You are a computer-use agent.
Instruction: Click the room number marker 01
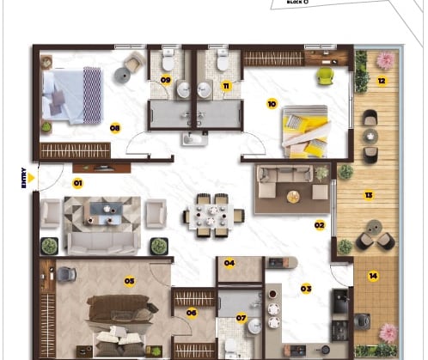[x=77, y=183]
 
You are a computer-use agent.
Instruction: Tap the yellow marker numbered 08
[x=114, y=127]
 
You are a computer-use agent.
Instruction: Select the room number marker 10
[x=272, y=104]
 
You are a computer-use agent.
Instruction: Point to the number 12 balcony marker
[x=381, y=81]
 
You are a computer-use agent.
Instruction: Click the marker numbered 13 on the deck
[x=369, y=195]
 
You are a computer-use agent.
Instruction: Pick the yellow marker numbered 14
[x=373, y=276]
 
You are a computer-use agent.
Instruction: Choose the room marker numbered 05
[x=129, y=280]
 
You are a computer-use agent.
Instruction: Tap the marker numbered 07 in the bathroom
[x=241, y=319]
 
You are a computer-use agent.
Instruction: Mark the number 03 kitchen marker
[x=305, y=288]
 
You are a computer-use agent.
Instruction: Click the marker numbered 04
[x=229, y=263]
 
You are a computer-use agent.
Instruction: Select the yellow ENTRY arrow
[x=32, y=177]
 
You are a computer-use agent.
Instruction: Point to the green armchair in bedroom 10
[x=324, y=76]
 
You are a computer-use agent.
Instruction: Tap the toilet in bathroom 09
[x=168, y=60]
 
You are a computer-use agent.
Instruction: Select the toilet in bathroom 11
[x=223, y=60]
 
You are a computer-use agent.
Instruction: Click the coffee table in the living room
[x=107, y=211]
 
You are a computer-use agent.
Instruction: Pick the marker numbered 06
[x=192, y=313]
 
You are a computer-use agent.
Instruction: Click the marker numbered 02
[x=319, y=225]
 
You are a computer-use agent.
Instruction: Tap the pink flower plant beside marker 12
[x=384, y=60]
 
